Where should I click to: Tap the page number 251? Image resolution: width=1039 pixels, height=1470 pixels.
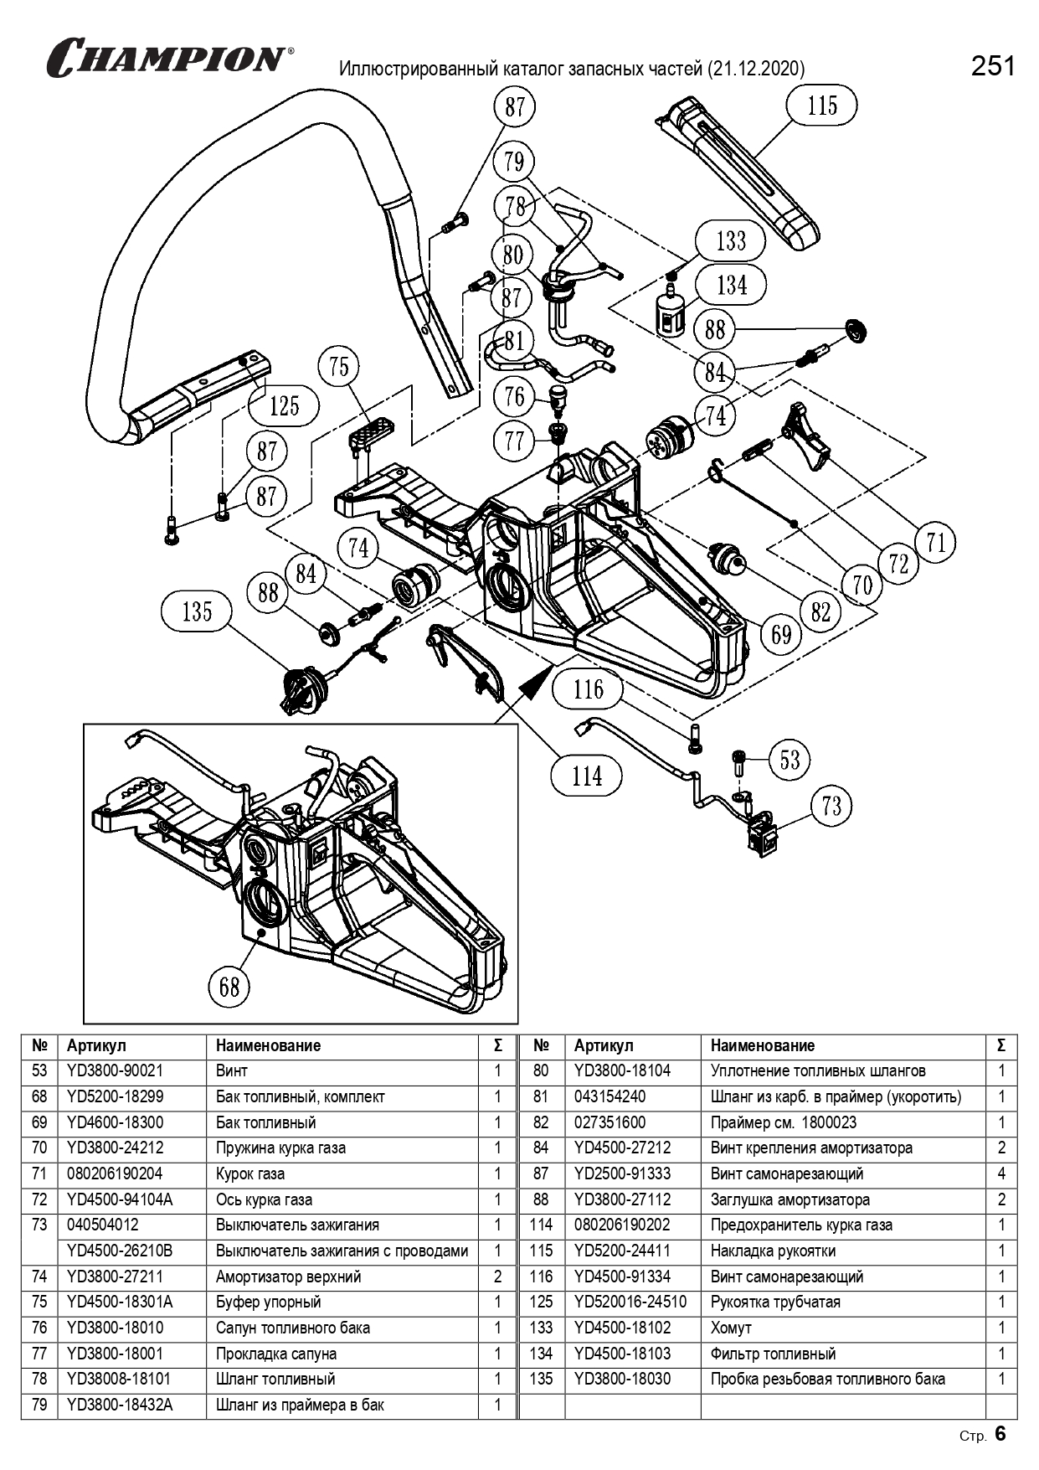point(993,66)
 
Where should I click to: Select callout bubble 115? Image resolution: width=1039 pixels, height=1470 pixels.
point(822,106)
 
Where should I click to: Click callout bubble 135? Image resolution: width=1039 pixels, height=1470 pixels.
point(197,611)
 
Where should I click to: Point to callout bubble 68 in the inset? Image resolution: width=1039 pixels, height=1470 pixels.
point(229,987)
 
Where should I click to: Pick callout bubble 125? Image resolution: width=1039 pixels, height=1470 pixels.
point(284,406)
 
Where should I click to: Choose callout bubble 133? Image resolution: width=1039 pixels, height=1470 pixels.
point(731,241)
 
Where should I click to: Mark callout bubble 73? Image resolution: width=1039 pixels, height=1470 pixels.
point(831,806)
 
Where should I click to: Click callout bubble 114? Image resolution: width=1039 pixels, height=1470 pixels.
point(586,776)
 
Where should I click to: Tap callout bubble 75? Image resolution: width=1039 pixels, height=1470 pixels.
point(339,366)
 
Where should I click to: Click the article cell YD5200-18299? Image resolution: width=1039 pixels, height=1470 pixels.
point(116,1096)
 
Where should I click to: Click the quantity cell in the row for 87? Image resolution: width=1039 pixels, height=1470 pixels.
point(1001,1173)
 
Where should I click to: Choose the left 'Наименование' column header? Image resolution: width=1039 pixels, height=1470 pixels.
point(268,1045)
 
